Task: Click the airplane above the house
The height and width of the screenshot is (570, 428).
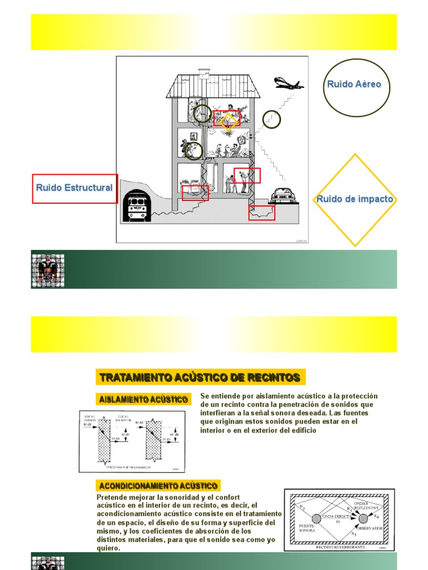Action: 288,84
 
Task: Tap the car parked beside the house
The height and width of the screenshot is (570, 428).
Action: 283,196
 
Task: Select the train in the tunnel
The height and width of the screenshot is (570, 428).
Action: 136,205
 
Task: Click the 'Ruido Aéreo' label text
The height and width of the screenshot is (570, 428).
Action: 354,85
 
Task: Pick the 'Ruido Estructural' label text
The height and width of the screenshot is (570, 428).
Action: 74,188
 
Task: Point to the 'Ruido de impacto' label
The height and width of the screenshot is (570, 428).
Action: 354,199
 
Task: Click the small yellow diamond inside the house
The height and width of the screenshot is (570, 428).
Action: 227,121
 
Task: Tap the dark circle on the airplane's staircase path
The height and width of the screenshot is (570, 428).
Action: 271,119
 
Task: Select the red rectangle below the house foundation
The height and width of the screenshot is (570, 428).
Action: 261,213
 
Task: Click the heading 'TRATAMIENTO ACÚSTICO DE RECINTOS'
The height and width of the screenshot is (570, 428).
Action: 200,378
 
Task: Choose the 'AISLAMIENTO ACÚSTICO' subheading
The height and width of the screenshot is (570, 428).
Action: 143,400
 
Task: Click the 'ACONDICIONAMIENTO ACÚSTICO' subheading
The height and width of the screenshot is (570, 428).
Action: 158,487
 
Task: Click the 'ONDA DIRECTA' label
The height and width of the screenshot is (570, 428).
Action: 334,515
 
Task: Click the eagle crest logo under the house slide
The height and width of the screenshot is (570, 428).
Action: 47,271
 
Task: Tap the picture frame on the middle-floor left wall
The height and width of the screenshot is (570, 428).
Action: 193,137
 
